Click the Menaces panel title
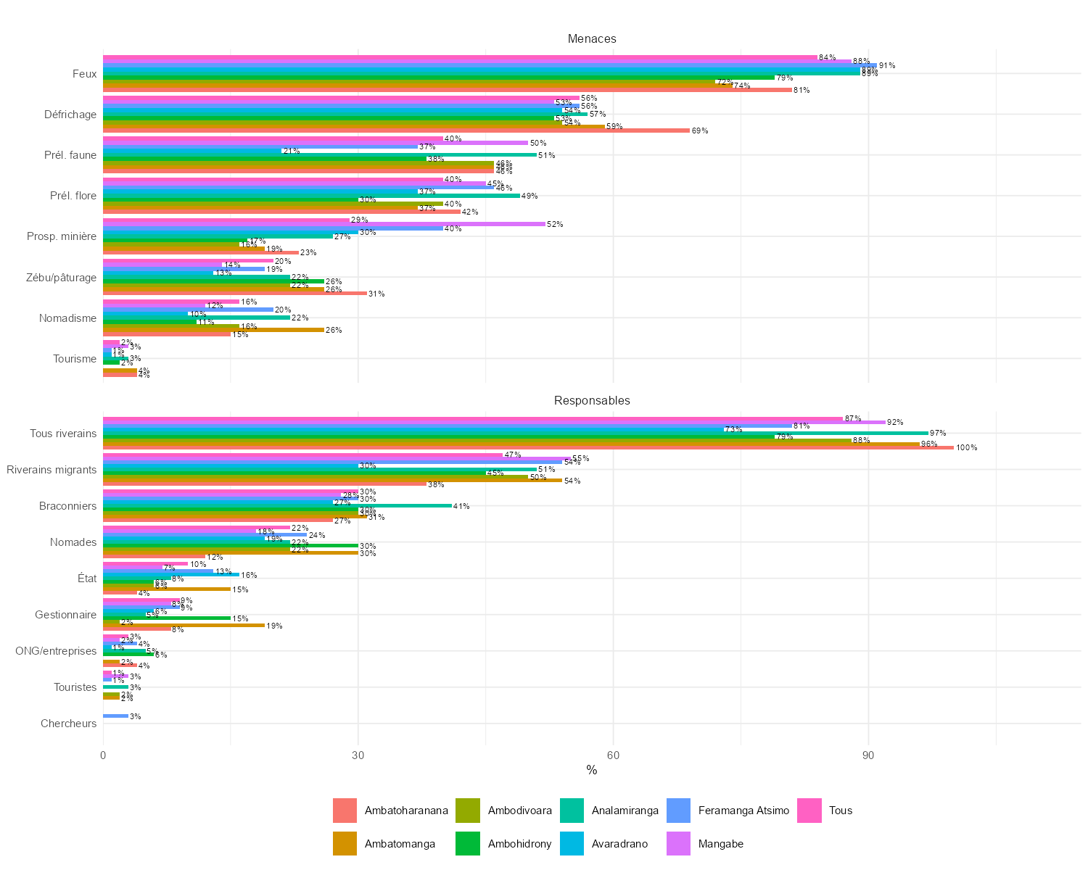[591, 38]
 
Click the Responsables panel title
[591, 400]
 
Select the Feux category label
[84, 74]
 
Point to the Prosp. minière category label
[62, 236]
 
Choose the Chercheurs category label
[68, 724]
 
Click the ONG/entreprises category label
[56, 651]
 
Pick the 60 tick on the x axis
[613, 755]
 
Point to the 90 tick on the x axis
[868, 755]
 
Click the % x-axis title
[591, 771]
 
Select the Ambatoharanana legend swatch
[345, 811]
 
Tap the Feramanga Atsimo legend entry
[743, 811]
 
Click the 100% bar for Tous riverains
[528, 448]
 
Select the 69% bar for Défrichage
[396, 130]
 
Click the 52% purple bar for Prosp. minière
[324, 224]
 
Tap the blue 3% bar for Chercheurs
[115, 716]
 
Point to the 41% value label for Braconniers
[461, 506]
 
